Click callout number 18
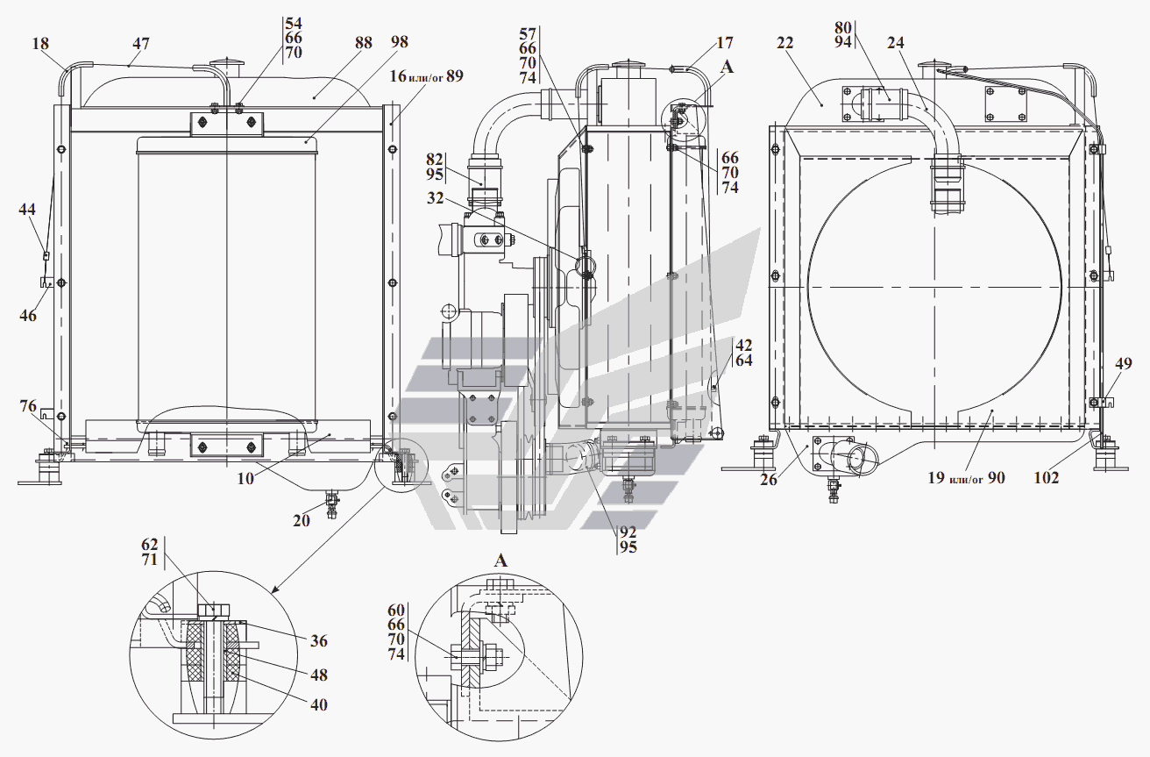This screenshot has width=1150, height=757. tap(40, 44)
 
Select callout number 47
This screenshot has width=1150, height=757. tap(140, 44)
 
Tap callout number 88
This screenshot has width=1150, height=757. tap(364, 43)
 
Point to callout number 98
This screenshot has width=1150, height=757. tap(399, 42)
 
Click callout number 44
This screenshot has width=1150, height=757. tap(27, 210)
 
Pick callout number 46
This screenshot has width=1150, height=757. tap(28, 316)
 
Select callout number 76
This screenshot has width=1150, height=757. tap(28, 406)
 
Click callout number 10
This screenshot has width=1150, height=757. tap(245, 479)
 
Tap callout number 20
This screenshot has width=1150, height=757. tap(302, 521)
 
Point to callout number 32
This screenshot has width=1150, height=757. tap(436, 198)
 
